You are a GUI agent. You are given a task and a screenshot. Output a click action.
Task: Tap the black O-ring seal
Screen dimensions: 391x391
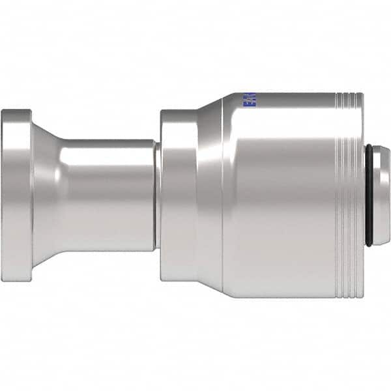(x=368, y=195)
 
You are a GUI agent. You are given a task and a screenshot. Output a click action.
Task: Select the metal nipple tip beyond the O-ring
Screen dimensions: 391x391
(x=382, y=195)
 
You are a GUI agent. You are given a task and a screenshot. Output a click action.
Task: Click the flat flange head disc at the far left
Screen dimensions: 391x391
(x=16, y=195)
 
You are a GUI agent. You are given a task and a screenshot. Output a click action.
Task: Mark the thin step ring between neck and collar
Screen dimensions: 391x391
(x=158, y=195)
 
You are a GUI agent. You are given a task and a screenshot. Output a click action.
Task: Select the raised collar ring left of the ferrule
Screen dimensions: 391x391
(x=178, y=195)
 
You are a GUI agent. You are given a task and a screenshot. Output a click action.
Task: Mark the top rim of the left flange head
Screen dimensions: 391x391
(x=16, y=111)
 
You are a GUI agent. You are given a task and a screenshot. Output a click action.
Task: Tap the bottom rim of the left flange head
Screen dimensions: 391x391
(x=16, y=280)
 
